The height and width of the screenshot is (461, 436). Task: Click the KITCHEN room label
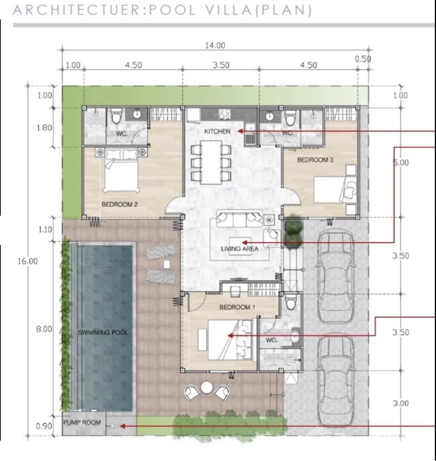[x=217, y=131]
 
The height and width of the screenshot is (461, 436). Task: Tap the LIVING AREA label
[x=239, y=249]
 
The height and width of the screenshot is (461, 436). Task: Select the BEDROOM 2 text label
[x=119, y=204]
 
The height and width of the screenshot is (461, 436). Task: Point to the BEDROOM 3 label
[x=315, y=160]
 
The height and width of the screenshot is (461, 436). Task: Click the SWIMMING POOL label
[x=103, y=332]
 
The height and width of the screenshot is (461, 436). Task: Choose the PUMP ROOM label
[x=82, y=422]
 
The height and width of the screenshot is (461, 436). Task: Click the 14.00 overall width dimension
[x=215, y=45]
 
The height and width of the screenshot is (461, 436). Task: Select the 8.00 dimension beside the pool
[x=44, y=329]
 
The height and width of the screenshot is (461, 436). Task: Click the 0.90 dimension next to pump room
[x=44, y=426]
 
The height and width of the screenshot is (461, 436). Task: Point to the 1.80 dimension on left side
[x=44, y=128]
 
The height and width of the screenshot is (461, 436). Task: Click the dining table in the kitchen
[x=211, y=162]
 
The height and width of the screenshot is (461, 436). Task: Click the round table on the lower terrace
[x=207, y=388]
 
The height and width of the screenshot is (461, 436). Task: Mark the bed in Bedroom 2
[x=121, y=170]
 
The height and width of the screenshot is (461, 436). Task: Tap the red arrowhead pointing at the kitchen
[x=240, y=131]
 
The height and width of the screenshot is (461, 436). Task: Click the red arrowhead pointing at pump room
[x=123, y=426]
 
